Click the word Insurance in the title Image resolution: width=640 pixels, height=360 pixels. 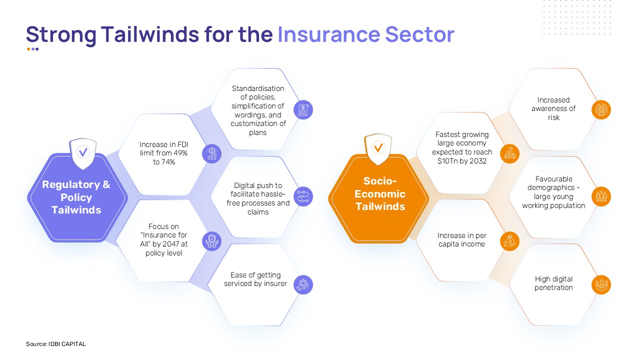point(329,34)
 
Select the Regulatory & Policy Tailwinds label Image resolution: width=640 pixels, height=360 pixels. point(76,197)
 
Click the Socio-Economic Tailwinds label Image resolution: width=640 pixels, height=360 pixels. point(380,193)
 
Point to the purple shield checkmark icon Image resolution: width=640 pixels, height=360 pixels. point(83,153)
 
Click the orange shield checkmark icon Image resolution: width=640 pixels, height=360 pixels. point(378,148)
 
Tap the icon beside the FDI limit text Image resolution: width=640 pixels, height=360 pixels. point(211,153)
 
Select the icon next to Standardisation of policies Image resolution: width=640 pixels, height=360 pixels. point(303,110)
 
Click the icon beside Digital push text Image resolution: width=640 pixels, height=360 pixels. point(303,196)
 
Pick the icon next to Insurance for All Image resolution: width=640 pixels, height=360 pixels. point(211,241)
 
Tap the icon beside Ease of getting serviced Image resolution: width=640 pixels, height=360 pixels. point(303,285)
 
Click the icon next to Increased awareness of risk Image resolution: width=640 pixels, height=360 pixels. point(601,110)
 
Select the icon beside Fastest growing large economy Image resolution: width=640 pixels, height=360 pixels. point(509,153)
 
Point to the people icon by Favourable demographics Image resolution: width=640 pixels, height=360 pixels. point(601,196)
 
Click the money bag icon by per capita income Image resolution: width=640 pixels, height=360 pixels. point(509,241)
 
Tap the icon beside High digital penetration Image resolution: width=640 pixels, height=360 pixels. point(601,285)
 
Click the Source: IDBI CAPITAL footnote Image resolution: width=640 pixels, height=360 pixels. point(55,344)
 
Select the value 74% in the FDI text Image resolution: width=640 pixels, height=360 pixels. point(168,162)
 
